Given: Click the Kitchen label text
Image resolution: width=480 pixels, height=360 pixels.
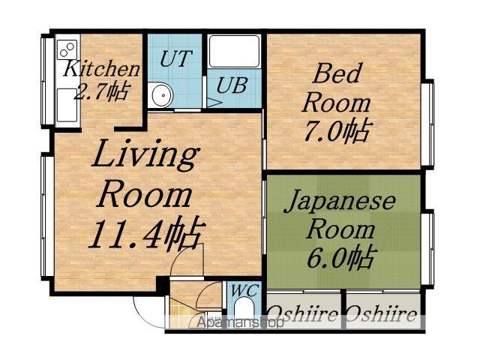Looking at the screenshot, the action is click(x=102, y=68).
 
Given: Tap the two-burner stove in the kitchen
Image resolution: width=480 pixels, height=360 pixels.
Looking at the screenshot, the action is click(x=67, y=49).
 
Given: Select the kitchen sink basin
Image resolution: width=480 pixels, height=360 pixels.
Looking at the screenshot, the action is click(x=67, y=105).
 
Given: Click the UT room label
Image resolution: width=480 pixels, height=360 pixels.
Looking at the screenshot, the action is click(x=175, y=58).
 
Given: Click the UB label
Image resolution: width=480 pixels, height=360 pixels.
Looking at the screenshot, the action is click(x=232, y=85).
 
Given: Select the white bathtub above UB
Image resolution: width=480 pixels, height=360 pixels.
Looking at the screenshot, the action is click(x=235, y=52).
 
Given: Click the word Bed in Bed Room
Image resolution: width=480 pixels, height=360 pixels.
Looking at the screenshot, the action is click(x=336, y=73).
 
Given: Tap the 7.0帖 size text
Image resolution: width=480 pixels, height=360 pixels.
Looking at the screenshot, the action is click(x=338, y=130).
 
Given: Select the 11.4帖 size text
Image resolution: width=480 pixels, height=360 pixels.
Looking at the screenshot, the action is click(x=146, y=234).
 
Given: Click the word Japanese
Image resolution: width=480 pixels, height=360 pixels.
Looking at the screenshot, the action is click(x=340, y=201).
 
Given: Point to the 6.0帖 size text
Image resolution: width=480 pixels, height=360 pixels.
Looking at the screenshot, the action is click(x=341, y=258).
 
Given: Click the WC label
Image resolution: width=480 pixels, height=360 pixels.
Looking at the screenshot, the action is click(x=245, y=290).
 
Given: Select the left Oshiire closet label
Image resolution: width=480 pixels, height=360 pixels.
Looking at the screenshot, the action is click(x=303, y=313).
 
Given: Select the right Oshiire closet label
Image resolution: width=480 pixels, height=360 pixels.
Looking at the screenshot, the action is click(x=382, y=314).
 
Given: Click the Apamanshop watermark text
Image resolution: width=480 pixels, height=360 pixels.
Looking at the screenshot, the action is click(x=240, y=322).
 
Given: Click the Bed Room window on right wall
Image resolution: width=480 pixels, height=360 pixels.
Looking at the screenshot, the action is click(x=428, y=124).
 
